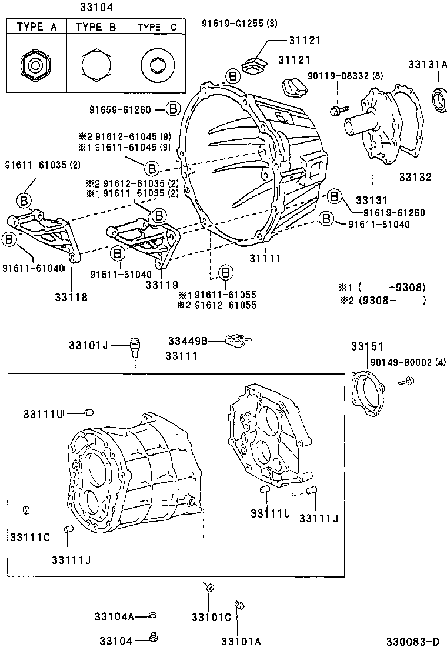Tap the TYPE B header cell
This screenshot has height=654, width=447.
tap(96, 26)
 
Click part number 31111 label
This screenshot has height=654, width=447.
tap(265, 258)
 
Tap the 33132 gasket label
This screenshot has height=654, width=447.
tap(415, 176)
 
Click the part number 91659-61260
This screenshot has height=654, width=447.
tap(121, 109)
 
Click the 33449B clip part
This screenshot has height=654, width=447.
tap(237, 341)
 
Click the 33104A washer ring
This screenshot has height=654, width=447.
tap(152, 615)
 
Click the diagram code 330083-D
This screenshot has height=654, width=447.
tap(412, 640)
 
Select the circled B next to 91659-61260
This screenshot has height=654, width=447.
tap(172, 109)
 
